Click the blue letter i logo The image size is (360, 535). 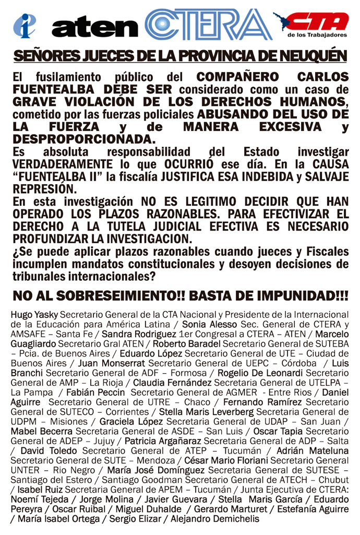[x=24, y=25]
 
